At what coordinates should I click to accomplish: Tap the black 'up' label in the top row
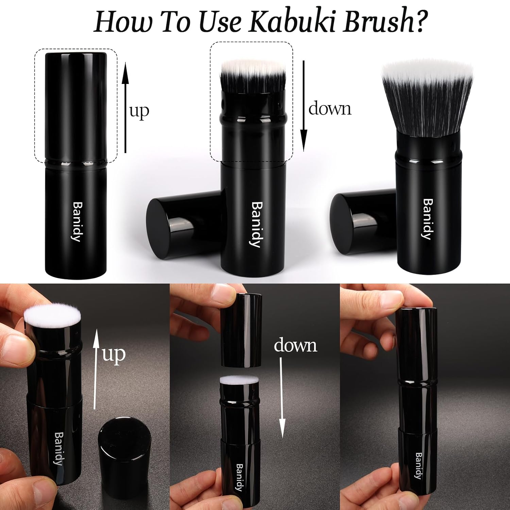[139, 111]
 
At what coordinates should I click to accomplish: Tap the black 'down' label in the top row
[329, 109]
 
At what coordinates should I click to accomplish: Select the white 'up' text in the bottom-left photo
[114, 355]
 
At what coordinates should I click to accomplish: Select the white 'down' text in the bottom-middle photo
[295, 345]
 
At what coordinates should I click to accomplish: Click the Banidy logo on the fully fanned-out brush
[427, 219]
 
